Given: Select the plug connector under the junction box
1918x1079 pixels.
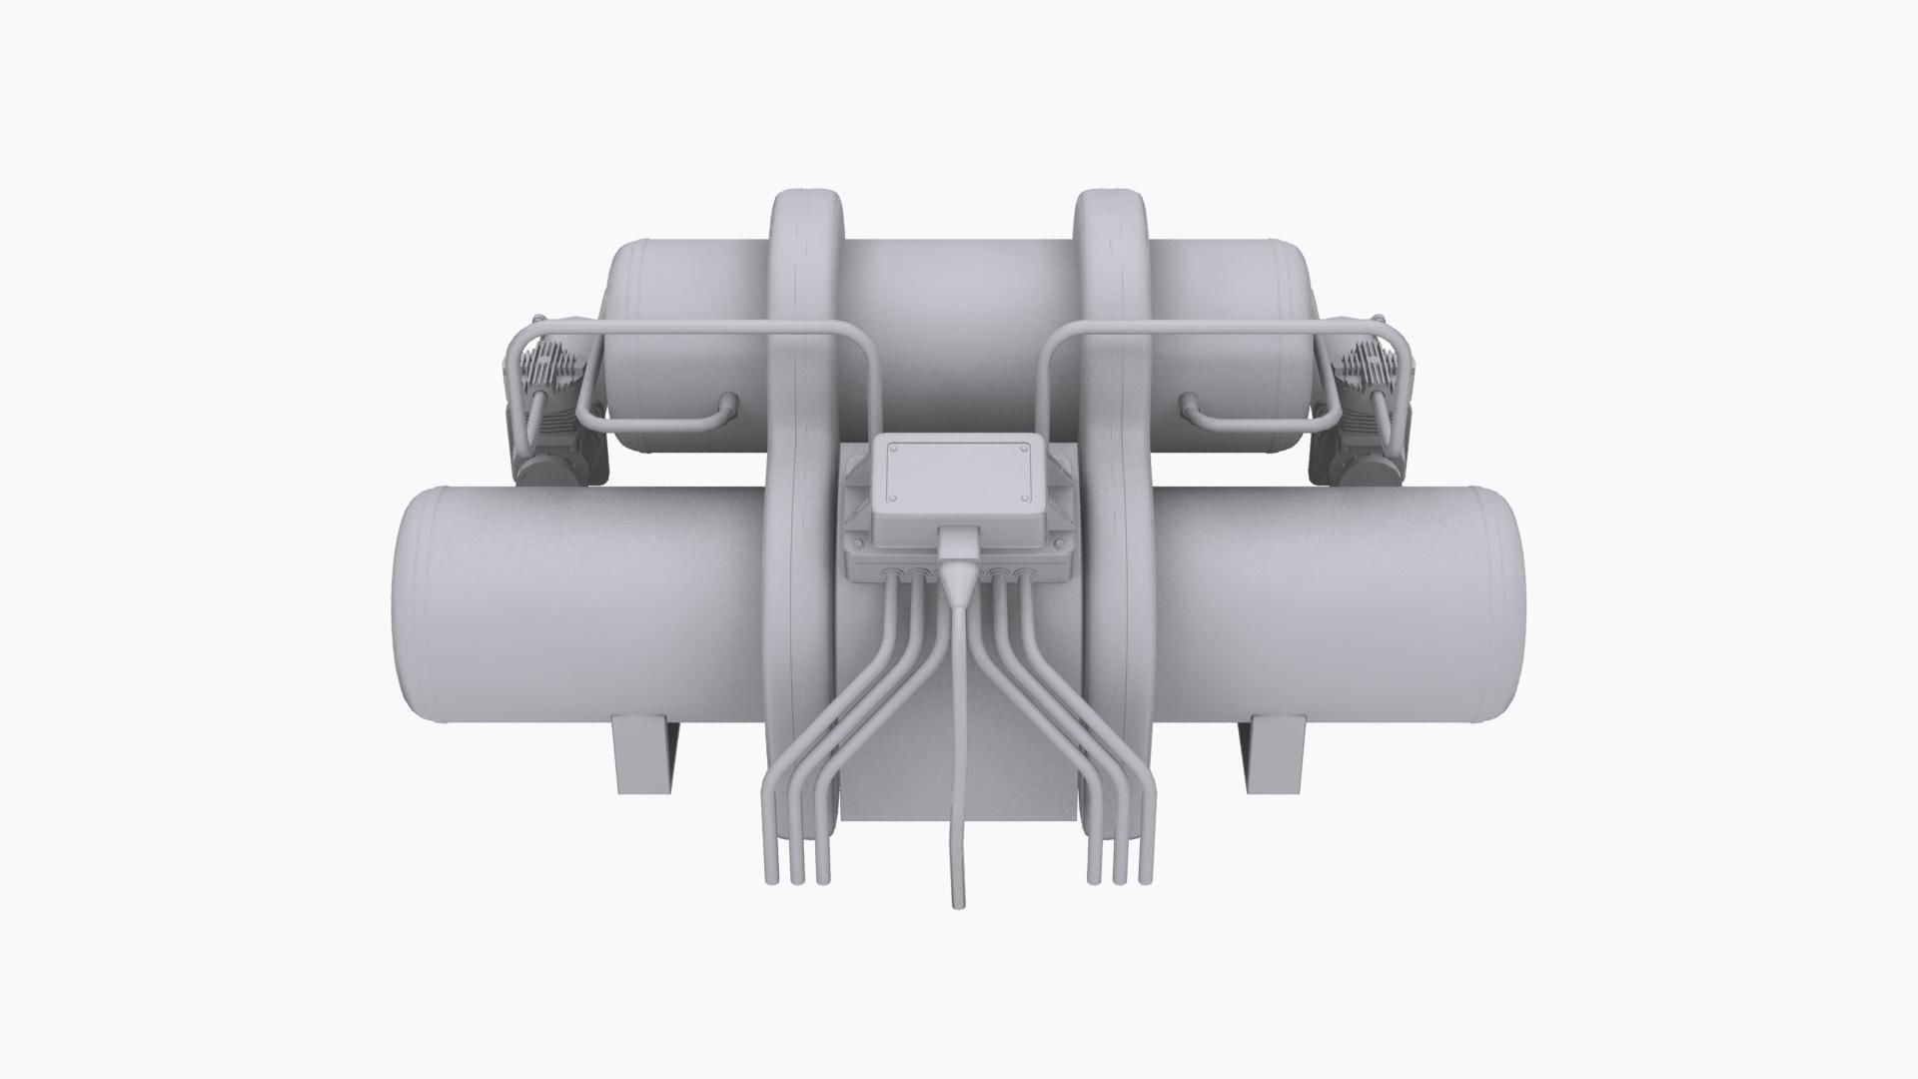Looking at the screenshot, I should tap(957, 573).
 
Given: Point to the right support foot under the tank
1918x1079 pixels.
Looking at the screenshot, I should tap(1274, 753).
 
